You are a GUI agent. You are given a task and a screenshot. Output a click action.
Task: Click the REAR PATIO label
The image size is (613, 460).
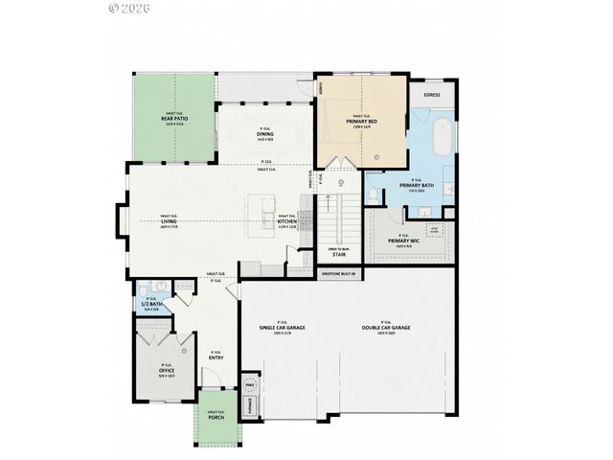tap(173, 118)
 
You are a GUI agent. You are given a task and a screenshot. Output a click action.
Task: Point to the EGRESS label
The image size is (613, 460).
tap(432, 96)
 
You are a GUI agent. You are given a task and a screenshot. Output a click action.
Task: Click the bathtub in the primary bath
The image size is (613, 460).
tap(443, 139)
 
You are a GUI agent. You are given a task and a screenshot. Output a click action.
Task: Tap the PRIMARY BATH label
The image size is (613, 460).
tap(417, 185)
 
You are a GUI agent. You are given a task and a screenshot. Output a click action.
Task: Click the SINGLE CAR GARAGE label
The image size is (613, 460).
tap(283, 329)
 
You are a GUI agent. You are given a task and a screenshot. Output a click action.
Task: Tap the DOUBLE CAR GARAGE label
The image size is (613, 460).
tap(387, 329)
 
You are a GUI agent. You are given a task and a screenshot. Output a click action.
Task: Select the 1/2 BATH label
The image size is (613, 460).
tap(151, 304)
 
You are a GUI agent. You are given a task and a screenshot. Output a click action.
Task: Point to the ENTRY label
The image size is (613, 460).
tap(216, 357)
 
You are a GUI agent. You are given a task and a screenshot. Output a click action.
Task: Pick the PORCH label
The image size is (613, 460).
tap(216, 417)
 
